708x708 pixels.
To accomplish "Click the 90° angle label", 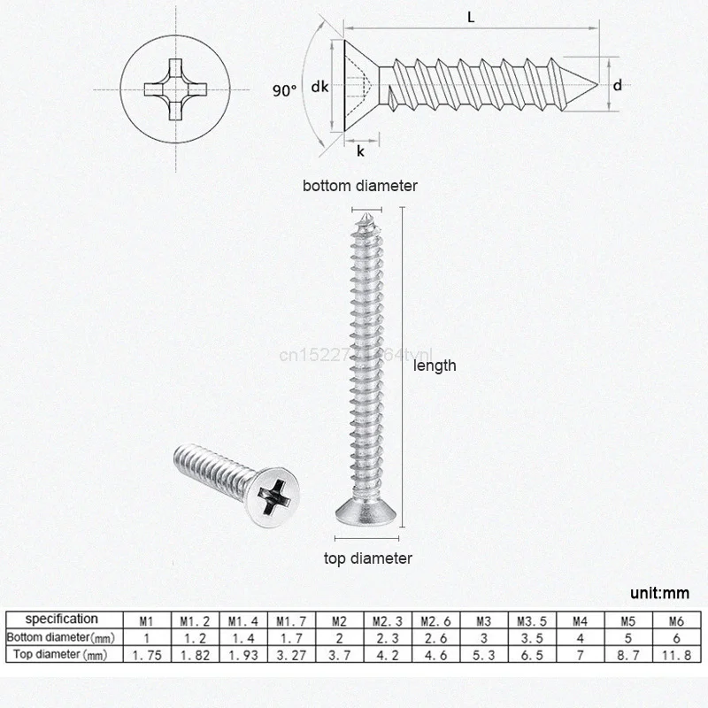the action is pyautogui.click(x=285, y=89).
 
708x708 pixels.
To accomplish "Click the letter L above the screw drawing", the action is pyautogui.click(x=466, y=15).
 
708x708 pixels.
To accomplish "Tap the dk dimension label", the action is pyautogui.click(x=321, y=87).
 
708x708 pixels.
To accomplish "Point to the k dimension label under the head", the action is pyautogui.click(x=360, y=151).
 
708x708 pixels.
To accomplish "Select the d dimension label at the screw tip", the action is pyautogui.click(x=618, y=86).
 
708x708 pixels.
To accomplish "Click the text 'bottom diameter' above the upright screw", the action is pyautogui.click(x=359, y=186).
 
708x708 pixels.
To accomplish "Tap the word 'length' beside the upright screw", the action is pyautogui.click(x=435, y=365).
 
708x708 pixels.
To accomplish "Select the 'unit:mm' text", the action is pyautogui.click(x=659, y=593).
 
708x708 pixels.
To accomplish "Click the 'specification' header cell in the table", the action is pyautogui.click(x=61, y=619).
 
